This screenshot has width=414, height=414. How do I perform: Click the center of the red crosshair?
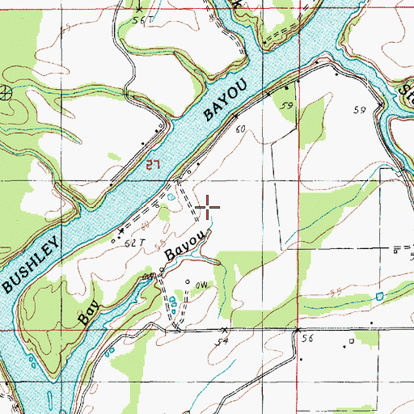point(208,209)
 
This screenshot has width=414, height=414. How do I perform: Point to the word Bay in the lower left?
point(88,310)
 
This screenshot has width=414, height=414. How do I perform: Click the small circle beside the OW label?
point(188,282)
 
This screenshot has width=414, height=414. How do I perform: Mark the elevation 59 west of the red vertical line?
point(285,105)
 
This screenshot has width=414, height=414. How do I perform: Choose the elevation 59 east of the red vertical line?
point(360,109)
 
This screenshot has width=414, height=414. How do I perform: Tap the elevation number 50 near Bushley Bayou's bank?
point(239,129)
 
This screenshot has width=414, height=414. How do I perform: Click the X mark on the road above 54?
point(224,330)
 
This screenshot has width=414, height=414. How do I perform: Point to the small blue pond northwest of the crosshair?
point(171,196)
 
